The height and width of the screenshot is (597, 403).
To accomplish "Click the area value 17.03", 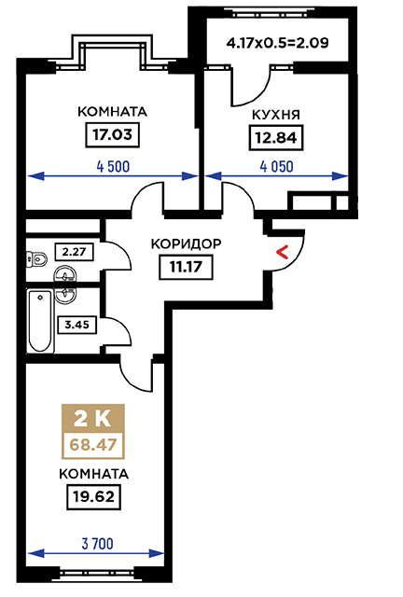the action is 112,134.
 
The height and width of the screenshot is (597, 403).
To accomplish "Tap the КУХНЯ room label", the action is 276,115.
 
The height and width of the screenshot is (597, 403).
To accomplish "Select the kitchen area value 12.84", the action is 276,137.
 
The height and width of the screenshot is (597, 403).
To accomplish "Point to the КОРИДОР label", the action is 186,243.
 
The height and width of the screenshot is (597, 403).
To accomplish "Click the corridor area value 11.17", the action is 186,267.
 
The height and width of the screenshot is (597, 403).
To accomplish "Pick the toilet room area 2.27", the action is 75,252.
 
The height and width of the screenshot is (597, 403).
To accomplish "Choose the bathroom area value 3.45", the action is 76,325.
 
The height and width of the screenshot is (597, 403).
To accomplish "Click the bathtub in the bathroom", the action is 40,321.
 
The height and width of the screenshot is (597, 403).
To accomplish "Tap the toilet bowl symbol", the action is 37,258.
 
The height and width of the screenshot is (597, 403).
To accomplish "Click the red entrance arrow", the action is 282,252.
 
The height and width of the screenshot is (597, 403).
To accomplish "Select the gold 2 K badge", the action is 93,419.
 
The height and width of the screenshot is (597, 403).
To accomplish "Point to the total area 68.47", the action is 93,445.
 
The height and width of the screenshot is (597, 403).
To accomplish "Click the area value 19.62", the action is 93,497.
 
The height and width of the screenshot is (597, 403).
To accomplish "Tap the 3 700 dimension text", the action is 98,544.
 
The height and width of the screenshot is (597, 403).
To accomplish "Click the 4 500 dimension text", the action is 113,166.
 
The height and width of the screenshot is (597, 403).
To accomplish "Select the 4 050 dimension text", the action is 276,166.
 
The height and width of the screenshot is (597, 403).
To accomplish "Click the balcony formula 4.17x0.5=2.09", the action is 277,43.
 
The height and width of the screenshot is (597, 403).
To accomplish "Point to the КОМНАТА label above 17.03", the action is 112,112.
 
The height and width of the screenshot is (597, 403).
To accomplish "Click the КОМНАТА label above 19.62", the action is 93,474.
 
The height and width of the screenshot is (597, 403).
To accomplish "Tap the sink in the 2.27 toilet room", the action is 65,275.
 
